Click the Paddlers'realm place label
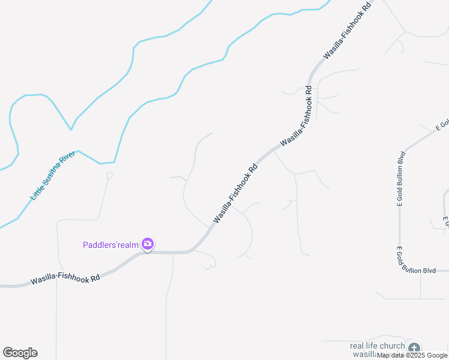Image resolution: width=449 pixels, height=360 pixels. [110, 244]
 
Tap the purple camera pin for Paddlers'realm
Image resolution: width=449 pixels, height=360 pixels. [148, 244]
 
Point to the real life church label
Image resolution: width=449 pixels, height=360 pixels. [377, 346]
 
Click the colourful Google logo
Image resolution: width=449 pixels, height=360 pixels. [20, 353]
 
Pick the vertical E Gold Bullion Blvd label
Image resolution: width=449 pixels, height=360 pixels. [399, 180]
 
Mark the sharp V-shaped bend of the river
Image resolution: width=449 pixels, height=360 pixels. [71, 129]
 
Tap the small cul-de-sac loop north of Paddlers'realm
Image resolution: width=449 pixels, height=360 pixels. [109, 175]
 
